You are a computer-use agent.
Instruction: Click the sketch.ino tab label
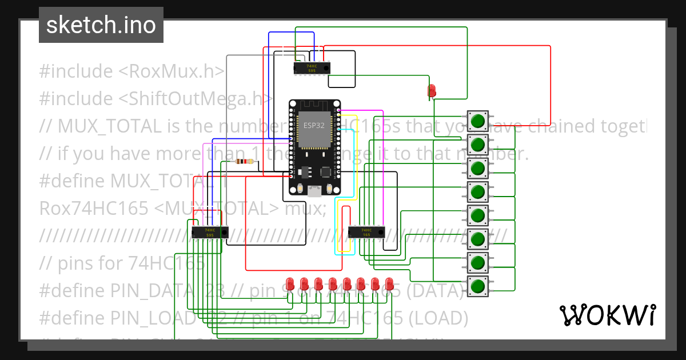click(101, 25)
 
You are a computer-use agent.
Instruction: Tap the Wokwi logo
click(607, 315)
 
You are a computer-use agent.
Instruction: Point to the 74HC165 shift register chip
click(366, 231)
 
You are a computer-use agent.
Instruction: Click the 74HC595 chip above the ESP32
click(312, 67)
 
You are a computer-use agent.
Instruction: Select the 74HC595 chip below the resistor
click(210, 232)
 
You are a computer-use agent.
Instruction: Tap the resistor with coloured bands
click(245, 162)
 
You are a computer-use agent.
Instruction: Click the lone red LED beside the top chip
click(432, 90)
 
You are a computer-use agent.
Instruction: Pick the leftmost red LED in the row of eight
click(289, 283)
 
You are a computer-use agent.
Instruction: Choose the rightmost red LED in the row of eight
click(389, 283)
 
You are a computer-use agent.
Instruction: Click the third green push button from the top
click(478, 169)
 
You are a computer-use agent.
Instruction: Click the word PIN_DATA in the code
click(151, 291)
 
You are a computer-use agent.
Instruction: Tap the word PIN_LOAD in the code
click(151, 318)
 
